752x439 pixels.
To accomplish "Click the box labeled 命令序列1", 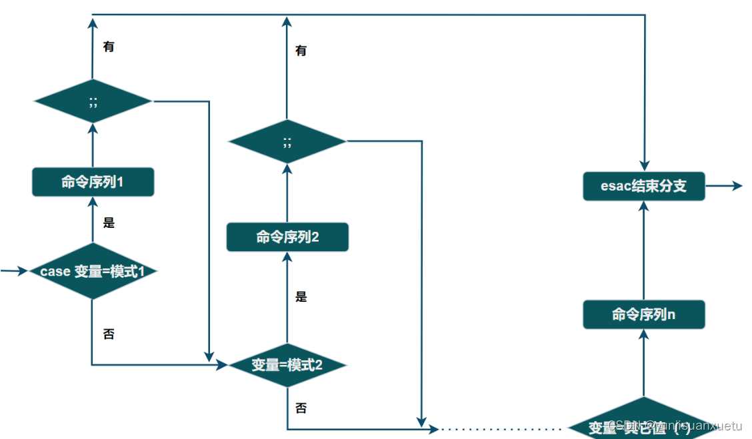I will click(x=93, y=182).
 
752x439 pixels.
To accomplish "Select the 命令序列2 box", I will click(x=287, y=237).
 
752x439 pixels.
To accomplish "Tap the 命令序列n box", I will click(x=643, y=314).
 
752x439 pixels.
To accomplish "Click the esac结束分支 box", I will click(x=643, y=186).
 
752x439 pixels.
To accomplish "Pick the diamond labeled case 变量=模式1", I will click(x=93, y=272).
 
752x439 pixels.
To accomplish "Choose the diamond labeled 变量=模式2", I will click(x=287, y=365).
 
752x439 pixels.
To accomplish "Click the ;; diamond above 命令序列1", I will click(x=93, y=101).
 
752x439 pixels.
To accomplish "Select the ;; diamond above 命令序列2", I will click(x=287, y=141).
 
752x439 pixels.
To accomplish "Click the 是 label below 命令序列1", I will click(x=109, y=223).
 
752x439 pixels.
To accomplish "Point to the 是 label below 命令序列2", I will click(x=301, y=297).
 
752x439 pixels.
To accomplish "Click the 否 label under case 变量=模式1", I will click(x=109, y=334).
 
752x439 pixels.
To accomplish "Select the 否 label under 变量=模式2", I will click(x=301, y=408).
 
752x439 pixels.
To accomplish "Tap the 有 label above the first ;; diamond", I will click(x=109, y=47).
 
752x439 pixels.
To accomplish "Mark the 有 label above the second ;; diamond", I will click(x=301, y=51).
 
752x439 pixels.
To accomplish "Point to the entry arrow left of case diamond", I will click(x=14, y=271).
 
